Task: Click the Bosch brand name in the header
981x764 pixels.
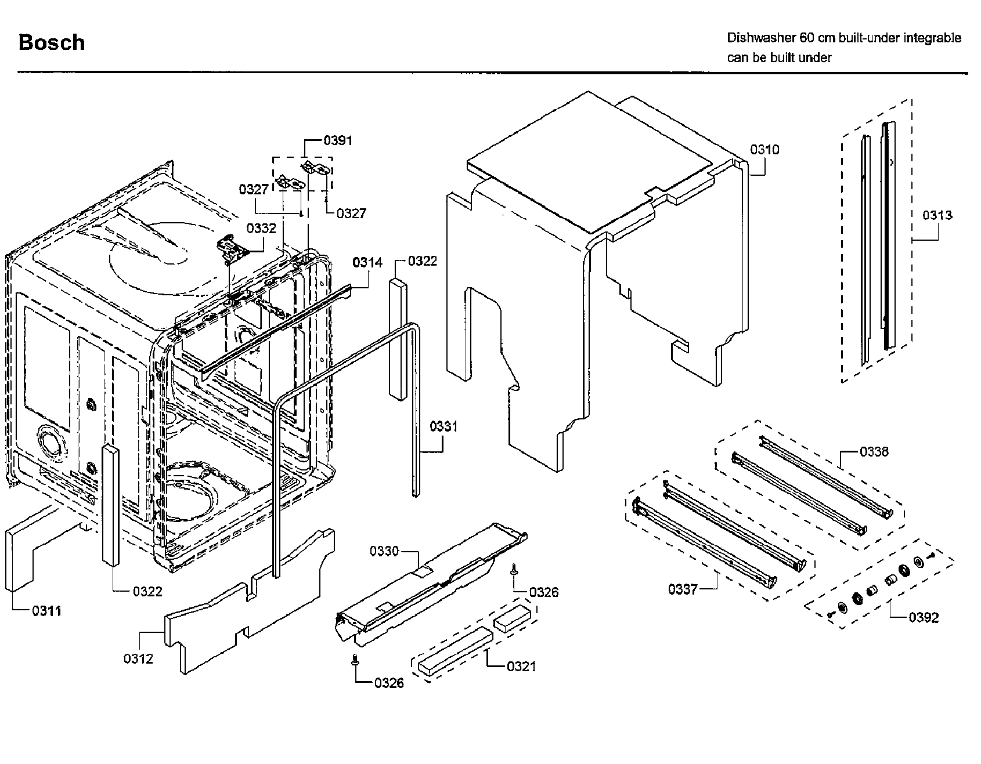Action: [x=52, y=42]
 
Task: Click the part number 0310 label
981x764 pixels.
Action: [x=764, y=150]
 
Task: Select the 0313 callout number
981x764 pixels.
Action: [x=937, y=215]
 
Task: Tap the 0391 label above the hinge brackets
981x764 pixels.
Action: [x=338, y=140]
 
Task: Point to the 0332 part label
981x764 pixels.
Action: [x=261, y=229]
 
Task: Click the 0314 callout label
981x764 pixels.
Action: [x=367, y=263]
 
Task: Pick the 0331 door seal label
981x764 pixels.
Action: [x=443, y=427]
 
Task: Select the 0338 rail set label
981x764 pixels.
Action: [x=874, y=451]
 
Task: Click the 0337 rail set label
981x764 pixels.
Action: [x=683, y=590]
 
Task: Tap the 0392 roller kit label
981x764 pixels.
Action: [x=924, y=617]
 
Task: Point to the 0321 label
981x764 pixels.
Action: [x=521, y=667]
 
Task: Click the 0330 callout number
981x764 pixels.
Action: [x=384, y=551]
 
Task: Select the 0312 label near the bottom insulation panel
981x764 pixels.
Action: [x=138, y=658]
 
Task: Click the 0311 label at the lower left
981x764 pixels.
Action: [x=46, y=611]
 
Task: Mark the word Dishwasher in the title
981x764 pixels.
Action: [x=761, y=38]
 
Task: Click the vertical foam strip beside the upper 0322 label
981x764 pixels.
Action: [x=396, y=338]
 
